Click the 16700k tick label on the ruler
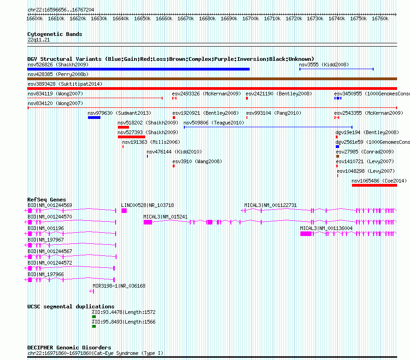coord(251,18)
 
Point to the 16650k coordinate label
coord(142,18)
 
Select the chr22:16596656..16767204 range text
coord(61,10)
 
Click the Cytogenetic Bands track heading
coord(55,34)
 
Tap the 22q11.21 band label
coord(39,40)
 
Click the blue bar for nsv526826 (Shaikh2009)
coord(138,69)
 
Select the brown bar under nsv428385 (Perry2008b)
coord(212,79)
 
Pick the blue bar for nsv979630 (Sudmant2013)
coord(94,118)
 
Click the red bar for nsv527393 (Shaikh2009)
coord(132,137)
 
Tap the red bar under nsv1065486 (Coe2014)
coord(375,185)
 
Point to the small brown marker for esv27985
coord(338,156)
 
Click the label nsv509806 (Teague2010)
coord(214,123)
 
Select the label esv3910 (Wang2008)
coord(197,161)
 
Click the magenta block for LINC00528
coord(124,211)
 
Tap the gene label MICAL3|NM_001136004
coord(326,228)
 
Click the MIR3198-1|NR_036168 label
coord(119,286)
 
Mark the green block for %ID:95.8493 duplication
coord(94,326)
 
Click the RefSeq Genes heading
coord(47,200)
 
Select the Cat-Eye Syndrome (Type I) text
coord(129,353)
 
